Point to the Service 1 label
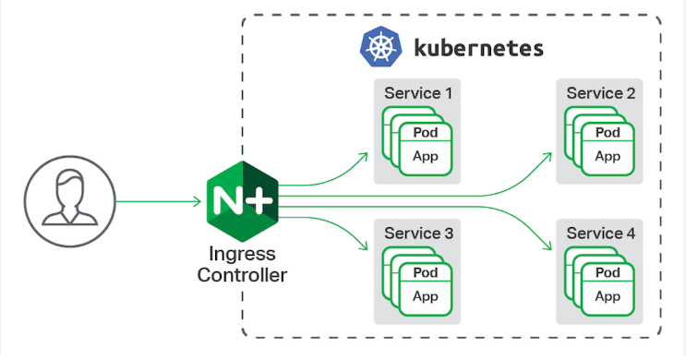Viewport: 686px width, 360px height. tap(418, 93)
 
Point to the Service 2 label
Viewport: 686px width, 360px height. tap(600, 93)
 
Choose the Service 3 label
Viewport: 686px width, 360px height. tap(418, 234)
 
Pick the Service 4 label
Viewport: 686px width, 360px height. tap(600, 234)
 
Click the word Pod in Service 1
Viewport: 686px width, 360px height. tap(426, 133)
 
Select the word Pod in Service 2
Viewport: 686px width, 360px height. tap(608, 133)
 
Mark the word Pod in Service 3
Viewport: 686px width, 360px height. tap(426, 274)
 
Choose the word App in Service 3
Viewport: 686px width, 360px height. tap(426, 296)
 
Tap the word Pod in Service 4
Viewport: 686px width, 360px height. tap(608, 274)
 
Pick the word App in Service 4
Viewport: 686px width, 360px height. tap(608, 296)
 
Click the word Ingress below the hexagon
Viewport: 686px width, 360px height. tap(242, 255)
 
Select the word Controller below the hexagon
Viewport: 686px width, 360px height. tap(242, 274)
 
